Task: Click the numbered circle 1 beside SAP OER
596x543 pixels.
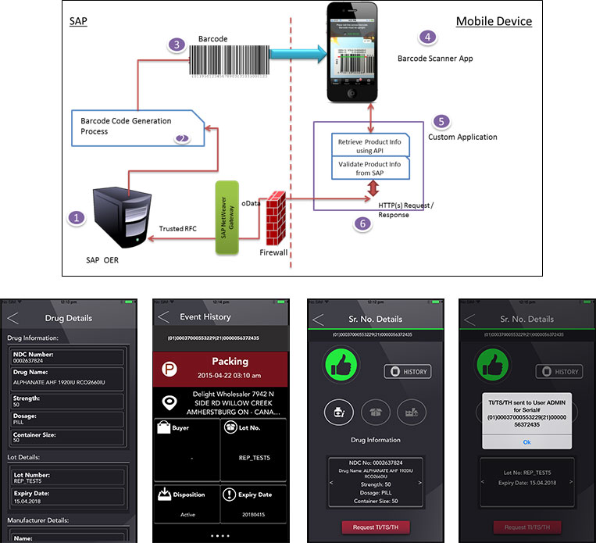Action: pyautogui.click(x=75, y=218)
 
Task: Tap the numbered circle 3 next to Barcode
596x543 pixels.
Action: pyautogui.click(x=179, y=45)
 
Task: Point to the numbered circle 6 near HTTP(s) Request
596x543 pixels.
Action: pyautogui.click(x=361, y=223)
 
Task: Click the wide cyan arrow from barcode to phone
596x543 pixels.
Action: pyautogui.click(x=297, y=52)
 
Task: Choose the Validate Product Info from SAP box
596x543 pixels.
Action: pyautogui.click(x=369, y=169)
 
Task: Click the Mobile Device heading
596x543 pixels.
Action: pyautogui.click(x=494, y=21)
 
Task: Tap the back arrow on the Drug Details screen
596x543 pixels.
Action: pyautogui.click(x=12, y=317)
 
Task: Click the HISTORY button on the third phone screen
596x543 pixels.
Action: pyautogui.click(x=407, y=371)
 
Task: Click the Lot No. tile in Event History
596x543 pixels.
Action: pyautogui.click(x=252, y=447)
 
